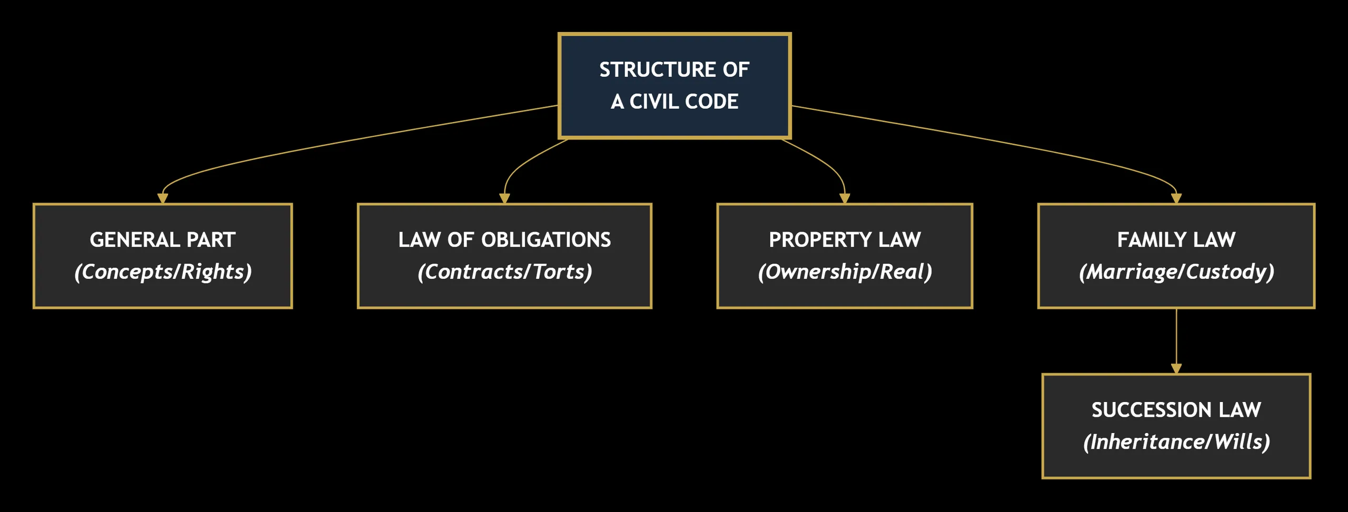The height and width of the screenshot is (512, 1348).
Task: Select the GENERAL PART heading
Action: (163, 240)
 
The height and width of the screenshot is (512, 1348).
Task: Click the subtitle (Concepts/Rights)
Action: (163, 272)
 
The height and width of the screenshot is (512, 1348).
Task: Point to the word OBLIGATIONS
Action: (546, 240)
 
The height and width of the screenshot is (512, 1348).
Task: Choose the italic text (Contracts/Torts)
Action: (504, 272)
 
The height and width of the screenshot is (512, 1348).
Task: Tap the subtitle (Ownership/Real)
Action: (845, 272)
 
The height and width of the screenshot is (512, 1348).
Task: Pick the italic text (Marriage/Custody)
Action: (1176, 272)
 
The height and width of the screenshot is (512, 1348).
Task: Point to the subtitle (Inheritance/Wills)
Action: (1176, 442)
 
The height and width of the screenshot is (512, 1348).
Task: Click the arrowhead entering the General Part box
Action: (163, 198)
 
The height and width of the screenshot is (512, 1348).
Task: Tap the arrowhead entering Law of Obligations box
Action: (504, 198)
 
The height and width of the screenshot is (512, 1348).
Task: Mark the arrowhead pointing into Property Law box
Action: (845, 198)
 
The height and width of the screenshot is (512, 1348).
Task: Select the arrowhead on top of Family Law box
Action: (1176, 198)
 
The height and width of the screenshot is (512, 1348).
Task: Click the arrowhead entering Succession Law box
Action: (1176, 368)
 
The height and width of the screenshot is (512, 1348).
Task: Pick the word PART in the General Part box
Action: (211, 240)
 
